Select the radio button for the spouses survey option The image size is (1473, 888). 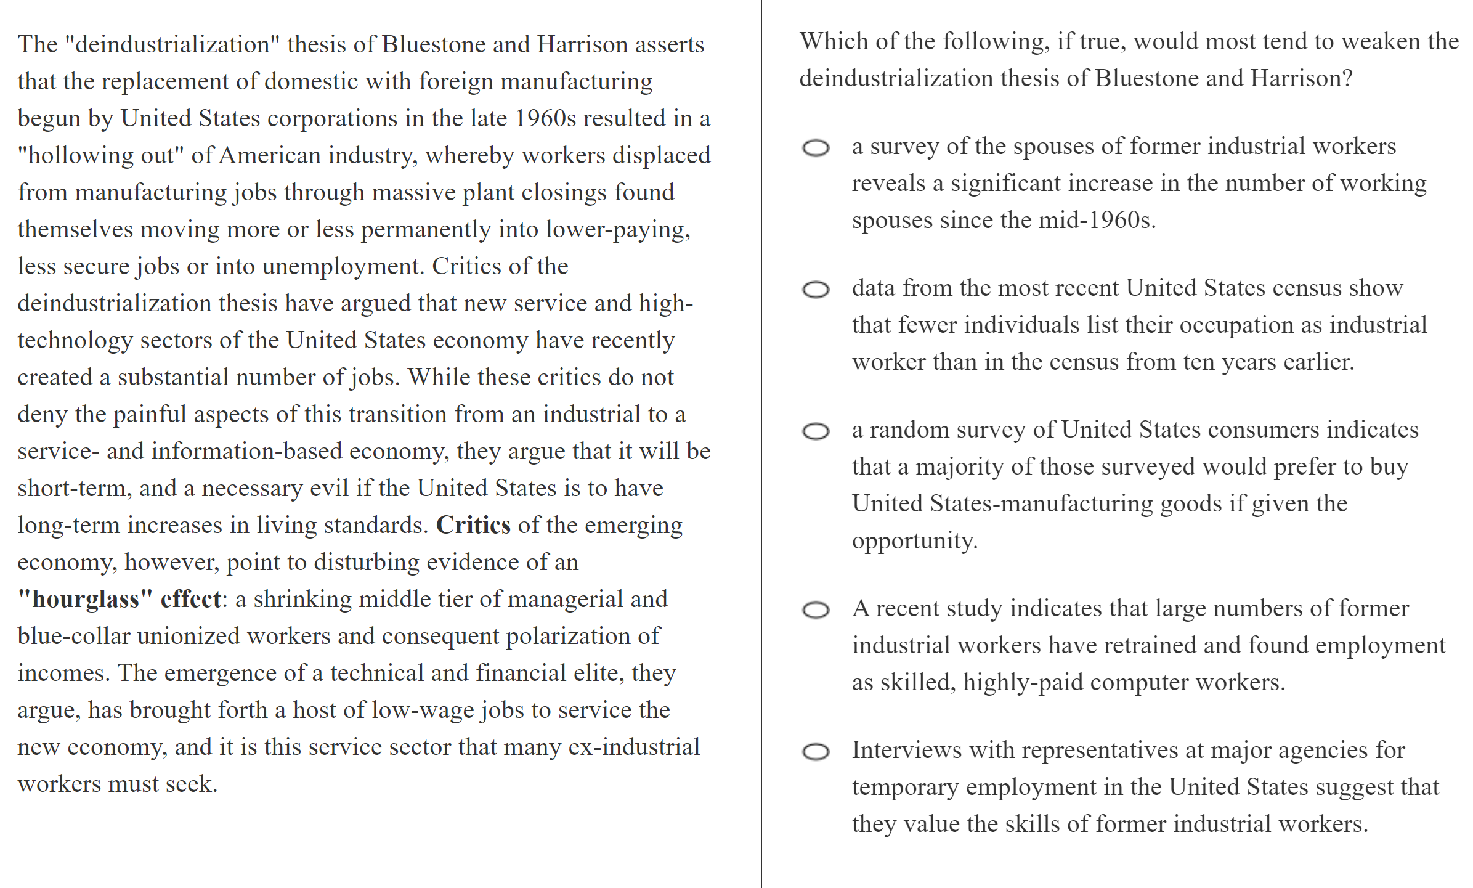click(816, 148)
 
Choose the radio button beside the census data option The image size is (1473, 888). click(816, 290)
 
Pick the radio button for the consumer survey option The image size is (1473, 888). click(816, 431)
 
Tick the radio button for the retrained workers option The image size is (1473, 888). click(816, 610)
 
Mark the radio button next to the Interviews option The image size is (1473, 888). click(816, 752)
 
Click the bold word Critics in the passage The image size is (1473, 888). click(473, 525)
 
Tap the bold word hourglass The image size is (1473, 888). click(86, 599)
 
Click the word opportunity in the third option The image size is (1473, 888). click(914, 541)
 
